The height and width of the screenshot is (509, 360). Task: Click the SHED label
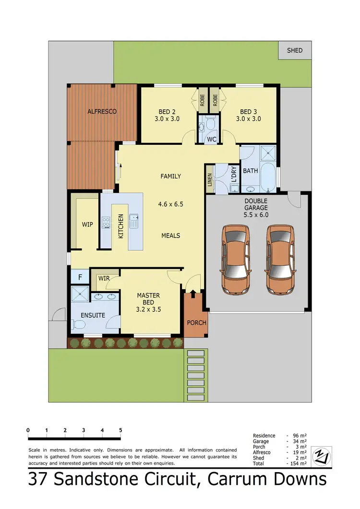click(295, 50)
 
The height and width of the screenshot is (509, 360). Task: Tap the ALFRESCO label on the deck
click(102, 112)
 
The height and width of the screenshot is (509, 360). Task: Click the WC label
click(212, 140)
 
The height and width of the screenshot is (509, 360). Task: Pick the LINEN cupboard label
click(209, 177)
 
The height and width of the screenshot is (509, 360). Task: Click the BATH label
click(251, 171)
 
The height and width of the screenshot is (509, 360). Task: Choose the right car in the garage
click(281, 260)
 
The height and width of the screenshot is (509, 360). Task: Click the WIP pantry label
click(87, 224)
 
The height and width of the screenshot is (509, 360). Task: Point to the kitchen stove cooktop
click(106, 223)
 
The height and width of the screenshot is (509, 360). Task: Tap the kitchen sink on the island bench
click(133, 221)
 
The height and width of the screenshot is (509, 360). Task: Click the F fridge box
click(80, 277)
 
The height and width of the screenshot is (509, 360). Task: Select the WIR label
click(104, 278)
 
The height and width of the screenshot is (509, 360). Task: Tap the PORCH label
click(196, 322)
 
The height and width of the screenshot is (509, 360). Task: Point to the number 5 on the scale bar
click(120, 430)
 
